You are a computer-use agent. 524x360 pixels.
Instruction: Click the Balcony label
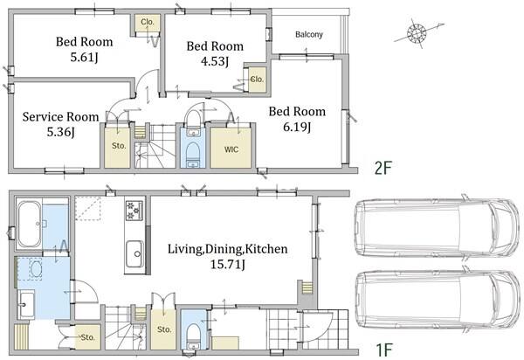(309, 34)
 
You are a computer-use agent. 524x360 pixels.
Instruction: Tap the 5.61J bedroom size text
(84, 58)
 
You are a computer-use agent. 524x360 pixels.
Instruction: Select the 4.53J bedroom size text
(215, 61)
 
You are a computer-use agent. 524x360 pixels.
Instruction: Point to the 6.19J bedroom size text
(297, 127)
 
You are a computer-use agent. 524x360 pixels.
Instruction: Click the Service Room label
(60, 117)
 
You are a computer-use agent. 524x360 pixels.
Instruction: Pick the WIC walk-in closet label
(231, 149)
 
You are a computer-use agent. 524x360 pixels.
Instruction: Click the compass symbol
(417, 32)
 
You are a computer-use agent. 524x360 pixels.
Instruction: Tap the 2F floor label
(383, 168)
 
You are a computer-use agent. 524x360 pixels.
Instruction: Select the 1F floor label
(384, 350)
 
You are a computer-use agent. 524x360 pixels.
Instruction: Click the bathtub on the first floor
(29, 224)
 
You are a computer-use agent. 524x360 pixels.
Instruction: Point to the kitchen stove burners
(134, 211)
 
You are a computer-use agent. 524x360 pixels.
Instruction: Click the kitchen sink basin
(135, 254)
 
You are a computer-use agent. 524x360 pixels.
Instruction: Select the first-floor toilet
(193, 333)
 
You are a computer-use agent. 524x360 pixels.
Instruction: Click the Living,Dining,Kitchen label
(228, 249)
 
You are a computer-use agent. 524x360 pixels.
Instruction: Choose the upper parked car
(438, 228)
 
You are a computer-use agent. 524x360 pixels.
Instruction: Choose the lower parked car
(438, 300)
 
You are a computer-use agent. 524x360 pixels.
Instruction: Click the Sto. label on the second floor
(119, 146)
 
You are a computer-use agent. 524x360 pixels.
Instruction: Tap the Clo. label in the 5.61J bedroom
(148, 22)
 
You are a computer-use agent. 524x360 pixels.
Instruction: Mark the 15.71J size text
(228, 265)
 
